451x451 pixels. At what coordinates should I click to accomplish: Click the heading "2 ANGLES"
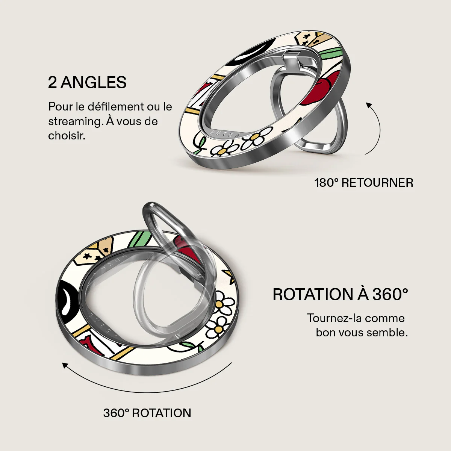point(87,82)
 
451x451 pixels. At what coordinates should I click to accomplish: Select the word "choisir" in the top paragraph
point(67,136)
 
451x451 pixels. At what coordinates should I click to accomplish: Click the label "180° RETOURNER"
point(364,183)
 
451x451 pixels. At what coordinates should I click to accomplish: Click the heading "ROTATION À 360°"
point(340,294)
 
